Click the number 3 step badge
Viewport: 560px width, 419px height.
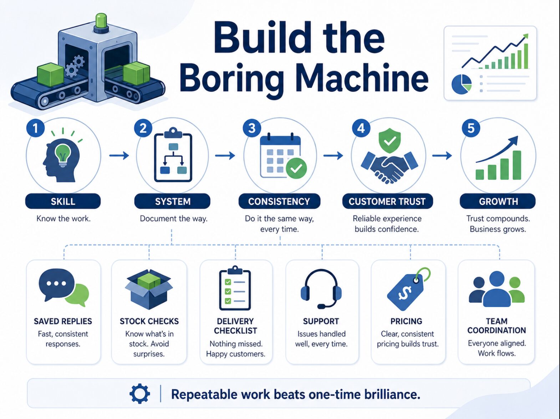(x=252, y=128)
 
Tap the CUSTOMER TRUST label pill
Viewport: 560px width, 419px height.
(x=387, y=201)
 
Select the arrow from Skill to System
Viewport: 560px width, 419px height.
(x=119, y=155)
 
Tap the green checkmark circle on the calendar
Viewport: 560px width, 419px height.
(x=296, y=168)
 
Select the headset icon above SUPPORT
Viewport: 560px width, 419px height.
(x=321, y=289)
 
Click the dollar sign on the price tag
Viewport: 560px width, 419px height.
(x=405, y=293)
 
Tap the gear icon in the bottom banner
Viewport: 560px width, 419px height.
(x=139, y=394)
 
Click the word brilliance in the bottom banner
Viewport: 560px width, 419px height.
(x=392, y=394)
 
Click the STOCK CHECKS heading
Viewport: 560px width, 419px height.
(x=149, y=321)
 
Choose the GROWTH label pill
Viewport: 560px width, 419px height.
(x=498, y=201)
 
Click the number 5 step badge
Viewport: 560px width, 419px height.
(x=471, y=128)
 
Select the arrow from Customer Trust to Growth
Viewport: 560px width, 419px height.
(x=442, y=155)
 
